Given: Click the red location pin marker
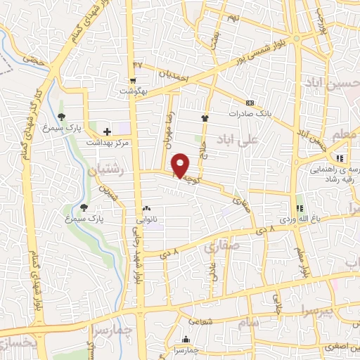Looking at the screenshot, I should [181, 165].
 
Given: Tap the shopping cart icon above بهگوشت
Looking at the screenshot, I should [133, 82].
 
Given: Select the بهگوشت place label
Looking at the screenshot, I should [133, 92].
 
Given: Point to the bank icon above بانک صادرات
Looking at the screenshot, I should [250, 102].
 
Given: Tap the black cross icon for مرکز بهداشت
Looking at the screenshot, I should [107, 131].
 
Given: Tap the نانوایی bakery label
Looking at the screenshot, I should [147, 219].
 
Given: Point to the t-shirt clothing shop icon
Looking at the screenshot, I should [205, 119].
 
